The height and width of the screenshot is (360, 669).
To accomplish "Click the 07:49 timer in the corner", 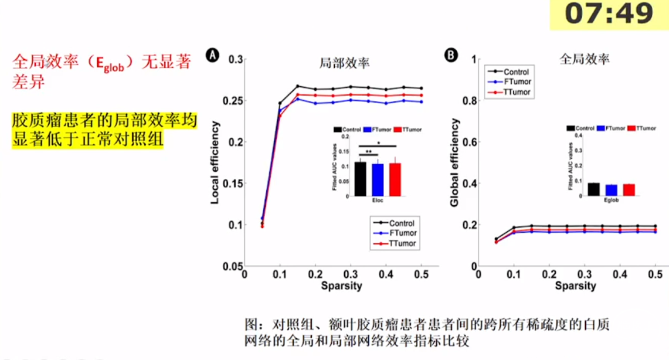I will (609, 15).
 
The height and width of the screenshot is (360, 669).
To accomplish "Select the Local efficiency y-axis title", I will (215, 163).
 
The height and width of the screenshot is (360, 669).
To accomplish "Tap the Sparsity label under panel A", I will (341, 286).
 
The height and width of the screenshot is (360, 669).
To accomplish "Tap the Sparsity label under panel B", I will (575, 286).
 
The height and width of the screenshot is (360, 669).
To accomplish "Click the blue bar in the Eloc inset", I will (378, 180).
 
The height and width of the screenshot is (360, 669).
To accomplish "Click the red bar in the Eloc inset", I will (396, 179).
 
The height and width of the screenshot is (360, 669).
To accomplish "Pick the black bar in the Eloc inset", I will (360, 179).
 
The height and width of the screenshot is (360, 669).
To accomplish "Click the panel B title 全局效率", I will (584, 60).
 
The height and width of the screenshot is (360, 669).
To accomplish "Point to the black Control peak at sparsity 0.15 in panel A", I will (298, 86).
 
